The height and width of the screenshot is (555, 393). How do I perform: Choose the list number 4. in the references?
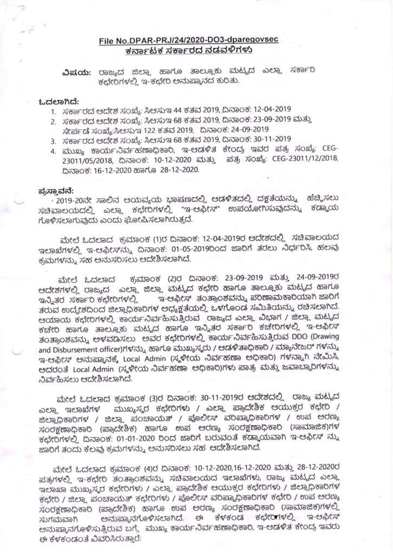(x=53, y=149)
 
